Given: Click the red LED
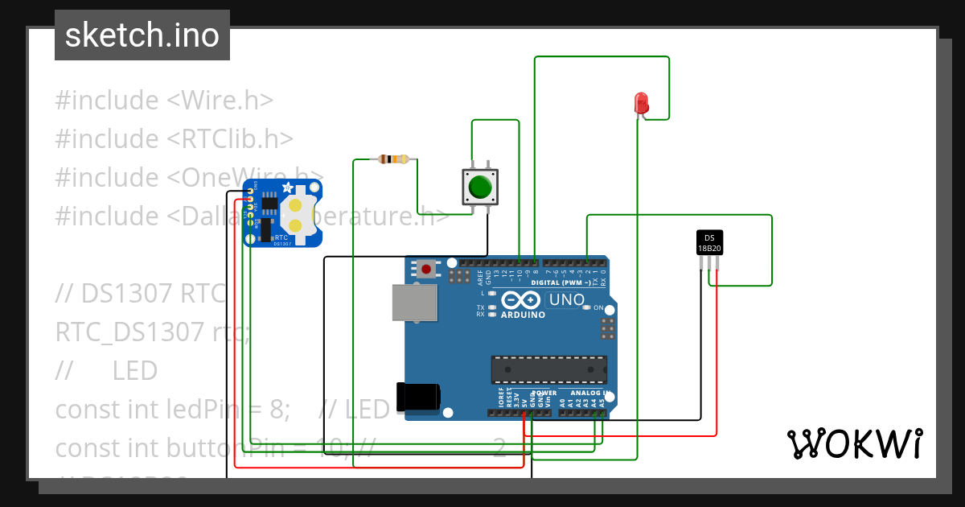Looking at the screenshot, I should pyautogui.click(x=641, y=103).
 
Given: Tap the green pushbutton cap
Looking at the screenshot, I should pyautogui.click(x=480, y=187).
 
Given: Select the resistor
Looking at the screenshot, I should pyautogui.click(x=392, y=159).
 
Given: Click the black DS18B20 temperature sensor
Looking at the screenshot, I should pyautogui.click(x=709, y=242).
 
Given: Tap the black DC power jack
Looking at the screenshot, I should pyautogui.click(x=418, y=397).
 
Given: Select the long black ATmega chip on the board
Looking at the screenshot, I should pyautogui.click(x=549, y=369).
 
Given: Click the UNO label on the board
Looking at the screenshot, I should pyautogui.click(x=565, y=300).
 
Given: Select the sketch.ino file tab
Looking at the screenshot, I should pyautogui.click(x=142, y=35).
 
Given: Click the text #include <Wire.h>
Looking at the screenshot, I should pyautogui.click(x=164, y=101).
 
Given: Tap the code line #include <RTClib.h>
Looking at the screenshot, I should pyautogui.click(x=174, y=139).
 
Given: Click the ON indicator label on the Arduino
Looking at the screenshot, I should pyautogui.click(x=597, y=308).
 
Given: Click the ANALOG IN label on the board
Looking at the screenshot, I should pyautogui.click(x=590, y=393).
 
